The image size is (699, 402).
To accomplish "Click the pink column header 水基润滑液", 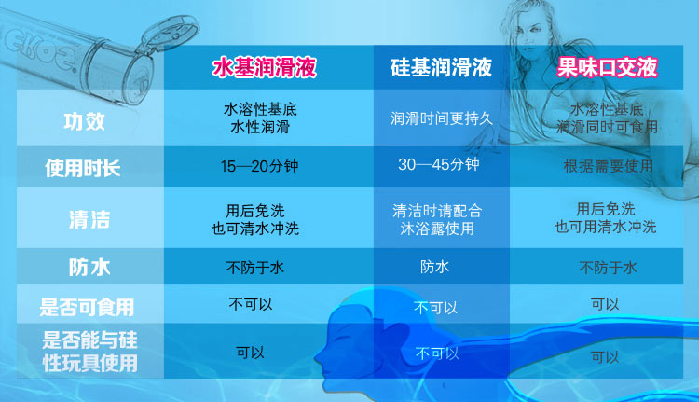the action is pos(265,68).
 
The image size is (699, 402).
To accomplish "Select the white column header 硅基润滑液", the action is pos(441,67).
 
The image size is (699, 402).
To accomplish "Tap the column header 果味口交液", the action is pos(607,67).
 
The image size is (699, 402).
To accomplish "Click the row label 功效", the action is pos(84,121).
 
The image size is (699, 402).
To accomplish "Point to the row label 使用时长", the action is pos(83,169).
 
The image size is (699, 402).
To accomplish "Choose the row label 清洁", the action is pos(89,219).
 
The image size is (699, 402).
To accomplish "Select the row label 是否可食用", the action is pos(87,308).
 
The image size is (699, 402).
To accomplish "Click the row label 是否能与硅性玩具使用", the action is pos(90,352).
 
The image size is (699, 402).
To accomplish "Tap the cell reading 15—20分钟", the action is pos(259,166).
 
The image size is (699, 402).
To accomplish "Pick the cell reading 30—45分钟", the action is pos(439,165).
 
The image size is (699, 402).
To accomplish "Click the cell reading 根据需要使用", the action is pos(608,166).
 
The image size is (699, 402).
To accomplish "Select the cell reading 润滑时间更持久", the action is pos(442,118).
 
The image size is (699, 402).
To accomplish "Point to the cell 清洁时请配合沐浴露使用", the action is pos(437,219).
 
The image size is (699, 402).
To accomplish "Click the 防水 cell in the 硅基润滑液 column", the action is pos(434,267).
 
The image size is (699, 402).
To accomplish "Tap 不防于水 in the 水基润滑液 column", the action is pos(255,268).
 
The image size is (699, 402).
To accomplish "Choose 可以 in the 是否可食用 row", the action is pos(605,304).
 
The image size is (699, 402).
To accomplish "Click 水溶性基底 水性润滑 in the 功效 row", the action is pos(260,118).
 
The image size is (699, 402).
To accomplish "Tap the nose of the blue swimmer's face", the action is pos(318,357).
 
